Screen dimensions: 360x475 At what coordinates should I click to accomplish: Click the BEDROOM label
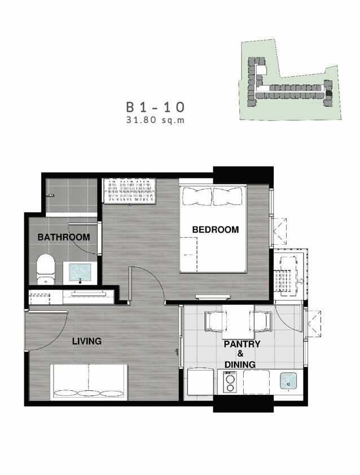216,230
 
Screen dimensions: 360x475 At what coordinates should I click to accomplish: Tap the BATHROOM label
64,237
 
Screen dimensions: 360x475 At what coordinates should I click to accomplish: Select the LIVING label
87,341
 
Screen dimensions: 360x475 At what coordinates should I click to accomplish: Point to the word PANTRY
242,344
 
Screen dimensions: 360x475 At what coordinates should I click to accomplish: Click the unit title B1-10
155,107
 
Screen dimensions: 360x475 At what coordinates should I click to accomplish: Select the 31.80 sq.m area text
155,120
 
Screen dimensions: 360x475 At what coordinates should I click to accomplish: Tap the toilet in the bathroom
46,269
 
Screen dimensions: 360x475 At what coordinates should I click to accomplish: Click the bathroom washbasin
80,272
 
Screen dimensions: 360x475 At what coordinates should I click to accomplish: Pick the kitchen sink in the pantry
288,381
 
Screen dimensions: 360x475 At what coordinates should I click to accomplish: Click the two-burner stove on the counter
230,382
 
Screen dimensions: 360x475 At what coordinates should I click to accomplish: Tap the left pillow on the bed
197,197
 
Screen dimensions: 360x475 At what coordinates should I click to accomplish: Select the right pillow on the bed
228,197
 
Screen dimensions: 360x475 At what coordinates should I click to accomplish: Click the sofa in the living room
89,382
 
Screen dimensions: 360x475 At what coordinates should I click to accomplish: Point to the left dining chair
216,321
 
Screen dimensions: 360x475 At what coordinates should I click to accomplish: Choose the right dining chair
260,321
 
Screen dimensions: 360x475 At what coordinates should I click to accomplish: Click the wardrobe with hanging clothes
129,190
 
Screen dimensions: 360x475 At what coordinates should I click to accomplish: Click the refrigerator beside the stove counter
200,382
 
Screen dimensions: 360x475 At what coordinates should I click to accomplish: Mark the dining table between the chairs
238,322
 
